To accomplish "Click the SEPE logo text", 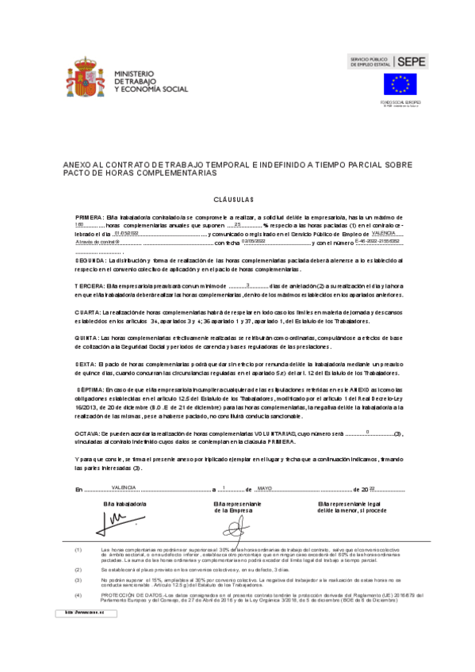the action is coord(412,60).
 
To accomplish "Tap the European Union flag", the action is coord(400,84).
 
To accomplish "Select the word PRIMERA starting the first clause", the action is coord(90,216).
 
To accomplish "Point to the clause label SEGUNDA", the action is coord(90,260).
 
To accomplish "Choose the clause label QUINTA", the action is coord(87,338).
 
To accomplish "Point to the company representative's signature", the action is coord(237,523).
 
